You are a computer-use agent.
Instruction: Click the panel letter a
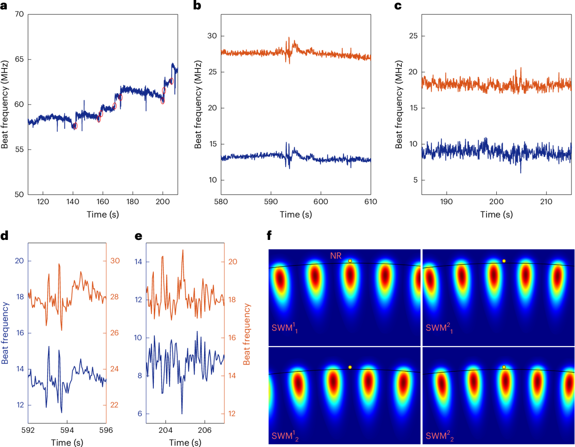tap(4, 6)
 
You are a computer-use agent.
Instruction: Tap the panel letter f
tap(269, 235)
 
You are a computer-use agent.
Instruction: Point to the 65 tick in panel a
tap(19, 59)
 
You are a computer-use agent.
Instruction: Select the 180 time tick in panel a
tap(133, 202)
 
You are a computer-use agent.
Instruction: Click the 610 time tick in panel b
tap(371, 202)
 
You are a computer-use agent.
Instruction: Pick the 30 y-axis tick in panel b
tap(212, 36)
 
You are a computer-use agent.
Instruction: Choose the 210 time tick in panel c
tap(546, 202)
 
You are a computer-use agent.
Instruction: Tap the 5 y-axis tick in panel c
tap(415, 180)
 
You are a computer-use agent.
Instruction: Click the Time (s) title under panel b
tap(296, 215)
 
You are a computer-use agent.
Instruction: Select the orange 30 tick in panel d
tap(115, 261)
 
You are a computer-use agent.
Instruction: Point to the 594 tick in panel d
tap(67, 430)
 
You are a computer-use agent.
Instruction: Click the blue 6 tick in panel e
tap(140, 413)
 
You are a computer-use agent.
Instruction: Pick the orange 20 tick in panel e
tap(232, 262)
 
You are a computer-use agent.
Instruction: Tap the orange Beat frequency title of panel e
tap(247, 334)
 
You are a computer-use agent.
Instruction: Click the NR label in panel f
tap(336, 256)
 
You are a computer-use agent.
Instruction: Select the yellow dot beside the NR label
tap(350, 261)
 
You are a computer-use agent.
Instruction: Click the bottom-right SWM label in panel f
tap(440, 436)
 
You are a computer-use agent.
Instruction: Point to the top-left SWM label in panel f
tap(285, 328)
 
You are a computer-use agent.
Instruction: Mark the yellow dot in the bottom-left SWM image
tap(350, 367)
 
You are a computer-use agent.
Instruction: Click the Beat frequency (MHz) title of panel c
tap(399, 104)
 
